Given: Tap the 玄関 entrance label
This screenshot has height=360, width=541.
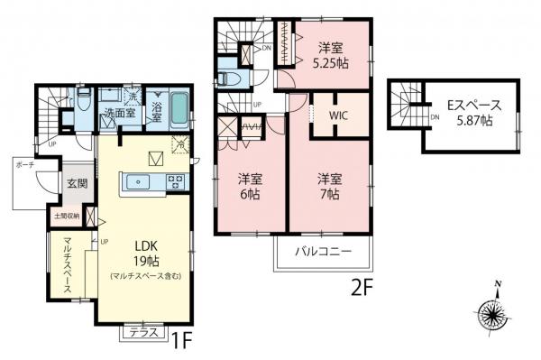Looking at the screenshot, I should (x=75, y=185).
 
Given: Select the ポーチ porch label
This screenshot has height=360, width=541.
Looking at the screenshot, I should (x=26, y=166).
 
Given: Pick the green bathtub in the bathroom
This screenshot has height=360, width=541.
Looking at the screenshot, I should (x=179, y=107).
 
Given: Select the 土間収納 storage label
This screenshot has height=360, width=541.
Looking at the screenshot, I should (x=69, y=217).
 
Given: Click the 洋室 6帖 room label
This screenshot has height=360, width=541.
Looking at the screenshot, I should (x=251, y=186).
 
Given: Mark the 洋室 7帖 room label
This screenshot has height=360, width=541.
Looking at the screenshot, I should (x=329, y=186).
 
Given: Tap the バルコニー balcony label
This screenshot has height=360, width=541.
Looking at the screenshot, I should (x=322, y=253).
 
